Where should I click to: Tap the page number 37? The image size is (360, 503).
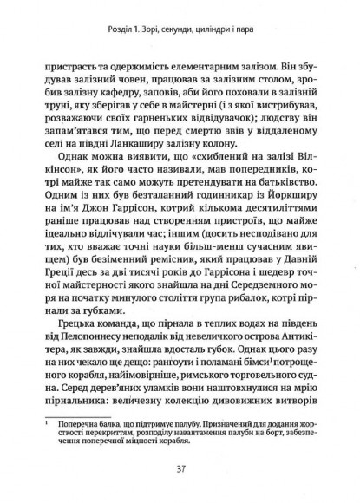[180, 468]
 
